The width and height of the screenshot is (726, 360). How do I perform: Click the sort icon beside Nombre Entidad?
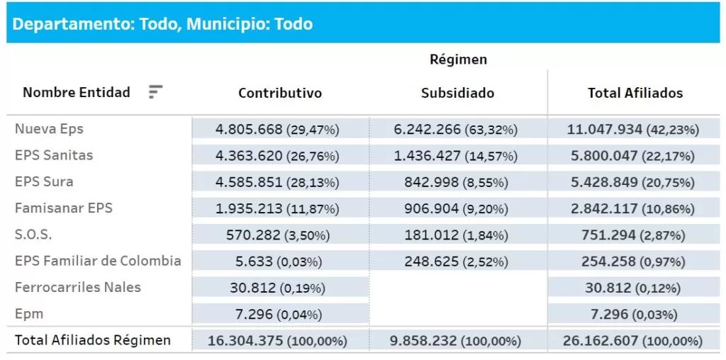(x=155, y=92)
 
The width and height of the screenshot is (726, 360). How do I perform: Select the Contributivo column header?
(x=279, y=93)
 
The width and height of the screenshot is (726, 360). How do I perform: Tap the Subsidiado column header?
(x=457, y=93)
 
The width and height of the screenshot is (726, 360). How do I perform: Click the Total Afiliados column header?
(x=635, y=93)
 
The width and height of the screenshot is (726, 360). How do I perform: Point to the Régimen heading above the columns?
(x=458, y=60)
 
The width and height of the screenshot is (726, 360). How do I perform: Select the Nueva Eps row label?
(x=49, y=129)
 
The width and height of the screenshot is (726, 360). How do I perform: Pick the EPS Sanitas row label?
(x=54, y=155)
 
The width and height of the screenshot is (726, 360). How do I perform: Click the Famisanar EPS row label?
(x=64, y=208)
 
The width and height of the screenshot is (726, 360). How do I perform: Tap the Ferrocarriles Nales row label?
(x=78, y=287)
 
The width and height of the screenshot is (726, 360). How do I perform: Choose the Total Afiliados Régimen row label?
(x=93, y=340)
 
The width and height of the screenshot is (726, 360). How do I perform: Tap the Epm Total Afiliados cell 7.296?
(x=635, y=314)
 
